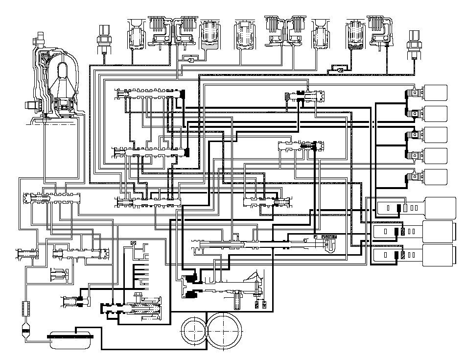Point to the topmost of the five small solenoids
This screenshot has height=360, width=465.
(x=433, y=93)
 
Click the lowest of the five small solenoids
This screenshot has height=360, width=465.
(x=433, y=177)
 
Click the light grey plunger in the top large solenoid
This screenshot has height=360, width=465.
(x=405, y=208)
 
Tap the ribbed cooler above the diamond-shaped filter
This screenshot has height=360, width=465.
(x=26, y=310)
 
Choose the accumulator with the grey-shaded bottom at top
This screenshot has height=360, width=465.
(x=211, y=37)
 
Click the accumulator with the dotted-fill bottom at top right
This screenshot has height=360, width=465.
(x=354, y=37)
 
